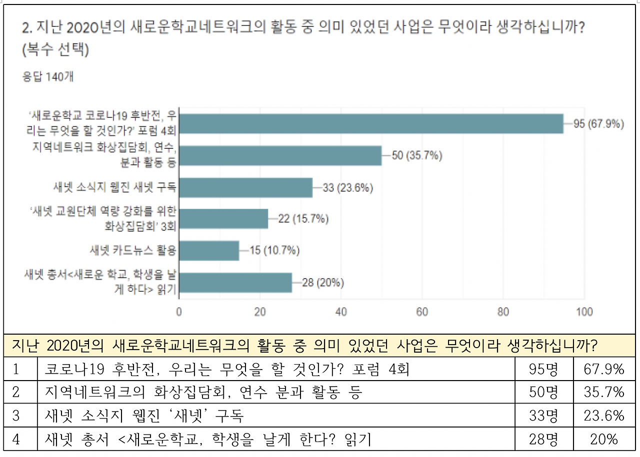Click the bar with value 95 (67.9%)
click(371, 124)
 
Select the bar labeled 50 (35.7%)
click(280, 156)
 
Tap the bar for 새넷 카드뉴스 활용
click(209, 251)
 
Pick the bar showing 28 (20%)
click(235, 283)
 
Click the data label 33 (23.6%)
click(348, 188)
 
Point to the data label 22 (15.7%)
click(303, 219)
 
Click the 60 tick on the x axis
click(422, 312)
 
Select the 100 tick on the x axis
click(584, 312)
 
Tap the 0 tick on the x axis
click(179, 312)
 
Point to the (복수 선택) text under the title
click(55, 50)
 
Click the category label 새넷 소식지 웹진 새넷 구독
click(115, 188)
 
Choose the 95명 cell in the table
click(543, 370)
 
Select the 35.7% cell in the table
click(604, 393)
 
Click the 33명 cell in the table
click(543, 416)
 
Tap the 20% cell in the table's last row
click(604, 439)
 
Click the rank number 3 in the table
click(16, 416)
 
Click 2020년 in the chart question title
click(92, 27)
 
